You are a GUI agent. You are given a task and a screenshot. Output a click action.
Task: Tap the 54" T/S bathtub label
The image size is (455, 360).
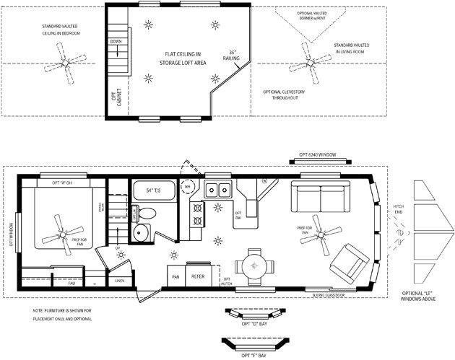coord(154,190)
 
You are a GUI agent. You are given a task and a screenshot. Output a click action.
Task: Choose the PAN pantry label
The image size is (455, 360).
coord(174,276)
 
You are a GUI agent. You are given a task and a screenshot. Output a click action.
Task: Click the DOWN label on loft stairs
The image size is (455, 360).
coord(116,42)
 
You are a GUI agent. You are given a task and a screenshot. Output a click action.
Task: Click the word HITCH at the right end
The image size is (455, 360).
coord(398,206)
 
